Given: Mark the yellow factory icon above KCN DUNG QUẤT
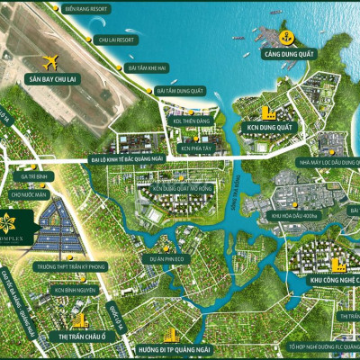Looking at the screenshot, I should pyautogui.click(x=265, y=112).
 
